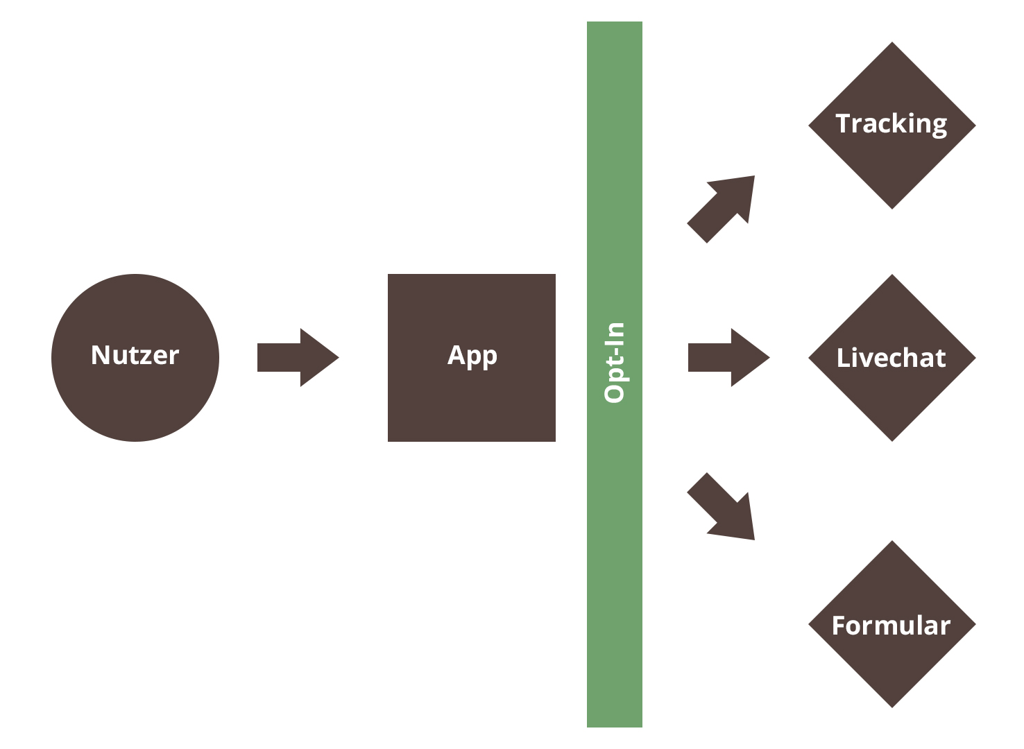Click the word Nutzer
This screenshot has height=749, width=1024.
[135, 355]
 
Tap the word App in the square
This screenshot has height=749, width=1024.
[472, 356]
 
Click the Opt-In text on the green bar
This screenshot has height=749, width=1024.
[615, 362]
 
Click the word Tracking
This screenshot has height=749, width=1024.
[891, 124]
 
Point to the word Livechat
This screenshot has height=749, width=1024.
[891, 358]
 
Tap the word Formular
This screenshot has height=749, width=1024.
[891, 626]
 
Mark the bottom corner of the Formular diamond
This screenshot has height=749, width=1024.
[892, 706]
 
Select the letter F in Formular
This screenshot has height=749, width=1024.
[838, 626]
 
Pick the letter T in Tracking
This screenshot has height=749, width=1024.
[844, 123]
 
